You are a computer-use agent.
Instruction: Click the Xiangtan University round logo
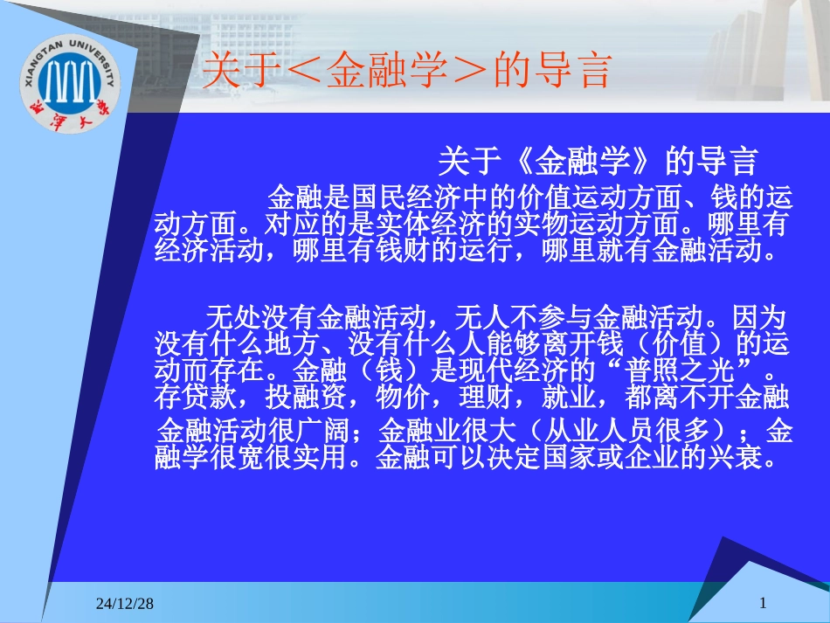click(71, 84)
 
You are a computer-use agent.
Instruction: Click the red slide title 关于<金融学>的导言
click(407, 70)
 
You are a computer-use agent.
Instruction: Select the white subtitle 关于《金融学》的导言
click(598, 161)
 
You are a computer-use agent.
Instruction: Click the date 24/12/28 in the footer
click(125, 604)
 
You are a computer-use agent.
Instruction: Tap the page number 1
click(763, 603)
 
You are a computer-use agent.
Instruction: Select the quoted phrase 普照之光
click(680, 370)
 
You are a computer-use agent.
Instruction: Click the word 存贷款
click(196, 397)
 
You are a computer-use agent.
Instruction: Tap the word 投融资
click(306, 397)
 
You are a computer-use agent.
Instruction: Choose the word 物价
click(403, 397)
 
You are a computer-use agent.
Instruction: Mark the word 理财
click(486, 397)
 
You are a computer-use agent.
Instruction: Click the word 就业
click(569, 397)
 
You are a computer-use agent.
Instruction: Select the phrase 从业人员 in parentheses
click(599, 430)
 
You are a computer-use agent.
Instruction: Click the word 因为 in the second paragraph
click(759, 318)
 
